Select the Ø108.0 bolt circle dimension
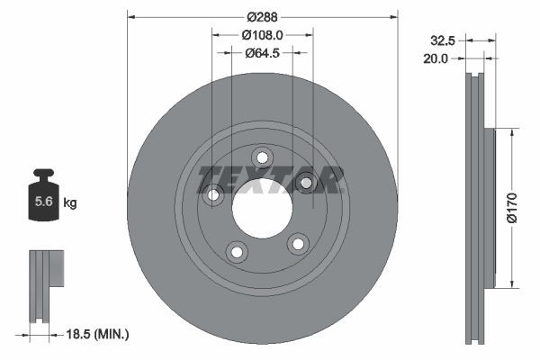pos(263,35)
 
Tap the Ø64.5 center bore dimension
pos(263,53)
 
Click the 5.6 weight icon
pos(42,201)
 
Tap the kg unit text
pos(69,203)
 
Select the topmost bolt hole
pos(262,157)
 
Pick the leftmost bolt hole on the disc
pos(214,193)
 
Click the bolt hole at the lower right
pos(295,244)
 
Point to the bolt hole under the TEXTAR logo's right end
pos(305,184)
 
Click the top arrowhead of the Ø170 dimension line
pos(512,132)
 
